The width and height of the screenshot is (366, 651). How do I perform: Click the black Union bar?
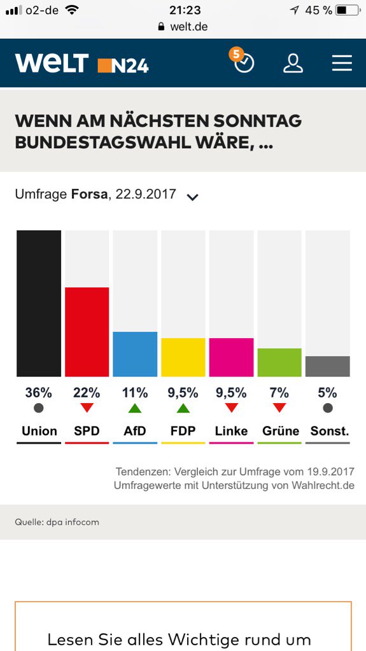click(39, 303)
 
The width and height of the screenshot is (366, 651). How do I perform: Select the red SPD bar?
click(87, 332)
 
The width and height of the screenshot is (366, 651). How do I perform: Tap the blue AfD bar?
click(135, 354)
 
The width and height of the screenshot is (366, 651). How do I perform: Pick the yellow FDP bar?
click(183, 357)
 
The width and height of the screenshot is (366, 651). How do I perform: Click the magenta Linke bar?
click(231, 357)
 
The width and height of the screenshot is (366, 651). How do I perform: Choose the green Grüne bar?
click(279, 362)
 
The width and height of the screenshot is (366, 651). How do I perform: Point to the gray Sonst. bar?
click(327, 366)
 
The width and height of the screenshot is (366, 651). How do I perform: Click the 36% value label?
click(39, 392)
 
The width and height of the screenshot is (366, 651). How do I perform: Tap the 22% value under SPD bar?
click(87, 392)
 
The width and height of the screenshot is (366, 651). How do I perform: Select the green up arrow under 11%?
click(135, 408)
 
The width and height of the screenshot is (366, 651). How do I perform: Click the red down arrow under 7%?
click(279, 408)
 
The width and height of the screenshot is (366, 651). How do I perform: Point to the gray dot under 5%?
click(327, 408)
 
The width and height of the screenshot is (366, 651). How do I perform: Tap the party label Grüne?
click(280, 431)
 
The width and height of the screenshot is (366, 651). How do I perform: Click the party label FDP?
click(183, 431)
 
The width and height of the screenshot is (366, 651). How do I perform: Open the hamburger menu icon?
click(342, 63)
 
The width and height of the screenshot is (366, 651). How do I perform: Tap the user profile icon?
click(293, 63)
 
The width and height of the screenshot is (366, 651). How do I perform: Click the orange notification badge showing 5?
click(237, 54)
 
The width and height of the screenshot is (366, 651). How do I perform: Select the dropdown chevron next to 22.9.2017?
click(192, 196)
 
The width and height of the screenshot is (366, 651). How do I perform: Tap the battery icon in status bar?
click(348, 10)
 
